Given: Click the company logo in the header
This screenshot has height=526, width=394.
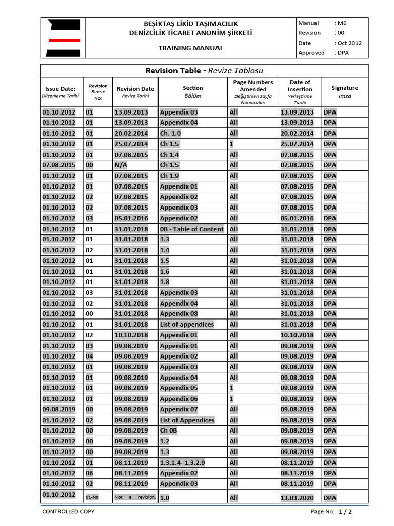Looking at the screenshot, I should [63, 38].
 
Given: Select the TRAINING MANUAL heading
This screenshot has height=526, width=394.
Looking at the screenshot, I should [191, 48].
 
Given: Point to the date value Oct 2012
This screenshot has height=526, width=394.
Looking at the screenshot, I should [349, 43].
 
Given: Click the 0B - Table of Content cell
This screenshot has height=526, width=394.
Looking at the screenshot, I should [191, 229].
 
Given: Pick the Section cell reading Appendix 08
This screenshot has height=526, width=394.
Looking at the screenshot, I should [179, 314].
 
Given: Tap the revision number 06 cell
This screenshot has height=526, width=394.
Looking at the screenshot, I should [89, 473].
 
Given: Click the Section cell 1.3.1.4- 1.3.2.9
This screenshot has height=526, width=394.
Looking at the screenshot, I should [182, 462].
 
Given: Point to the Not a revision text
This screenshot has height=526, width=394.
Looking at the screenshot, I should [134, 497].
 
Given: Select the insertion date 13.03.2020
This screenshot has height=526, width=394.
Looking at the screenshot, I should [297, 498].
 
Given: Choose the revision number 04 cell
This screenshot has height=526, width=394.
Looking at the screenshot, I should [89, 356].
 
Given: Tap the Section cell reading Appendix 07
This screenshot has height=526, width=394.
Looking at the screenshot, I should [179, 409].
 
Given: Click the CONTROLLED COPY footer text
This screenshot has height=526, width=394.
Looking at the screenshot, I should [68, 512].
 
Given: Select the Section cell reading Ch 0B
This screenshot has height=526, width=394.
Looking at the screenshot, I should [168, 430].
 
